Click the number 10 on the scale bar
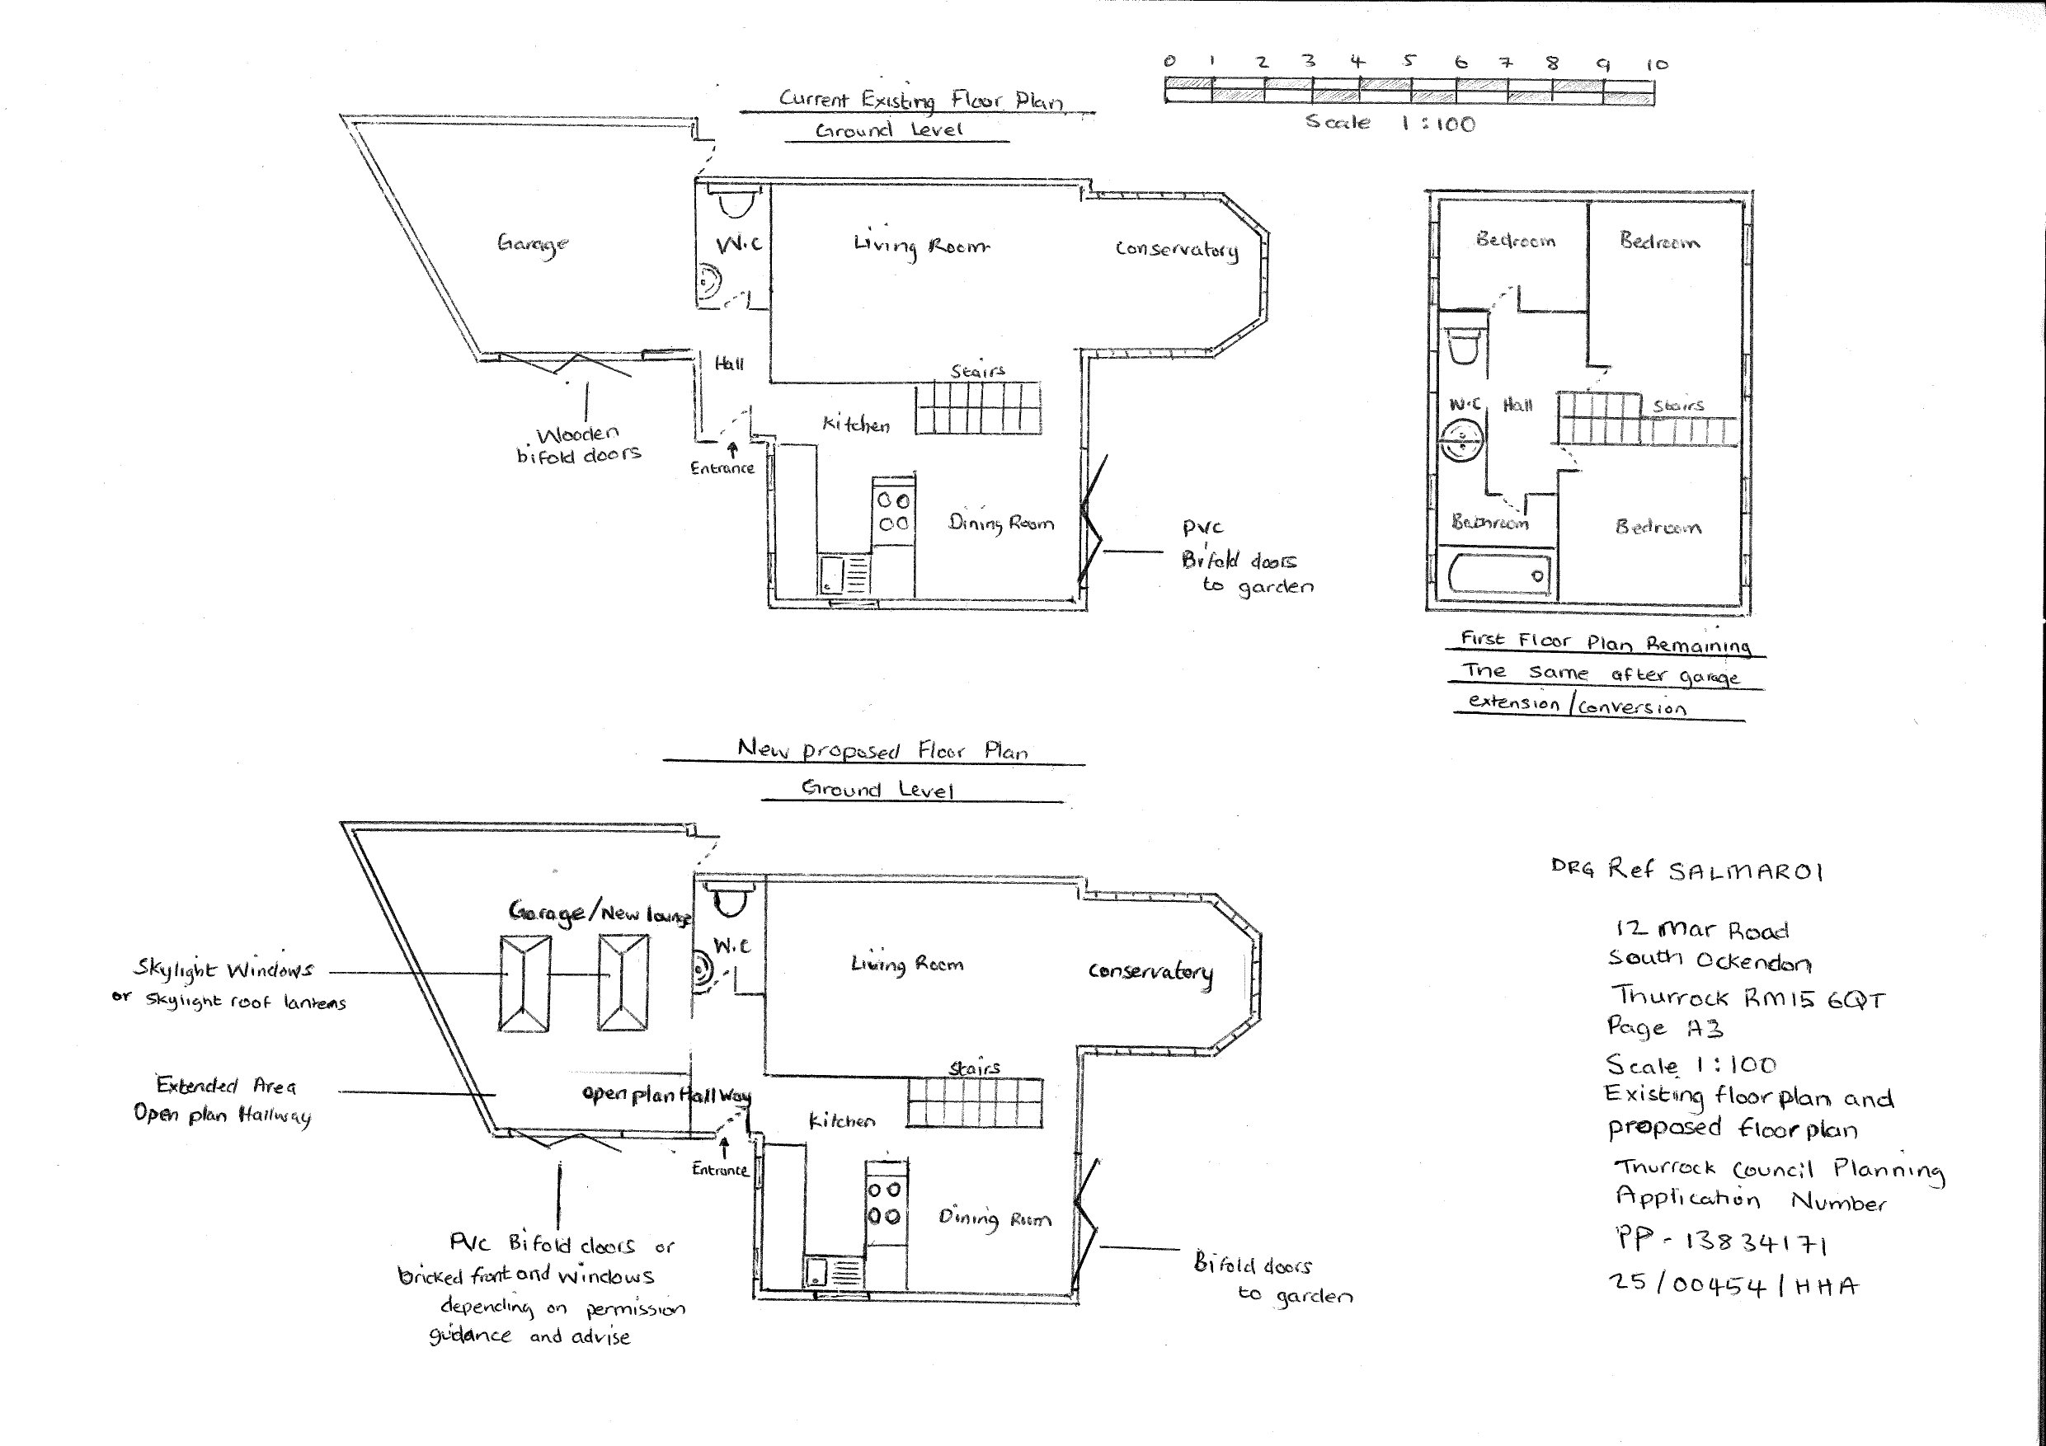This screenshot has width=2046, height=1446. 1657,65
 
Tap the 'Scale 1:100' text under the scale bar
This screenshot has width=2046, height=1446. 1390,123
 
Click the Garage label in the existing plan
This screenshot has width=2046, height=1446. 533,243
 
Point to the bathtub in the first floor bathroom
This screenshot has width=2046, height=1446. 1499,574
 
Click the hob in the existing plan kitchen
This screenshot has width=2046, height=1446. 894,510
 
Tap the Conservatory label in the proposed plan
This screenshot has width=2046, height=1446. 1150,972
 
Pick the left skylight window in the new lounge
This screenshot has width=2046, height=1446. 524,983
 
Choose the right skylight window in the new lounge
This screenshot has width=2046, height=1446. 623,983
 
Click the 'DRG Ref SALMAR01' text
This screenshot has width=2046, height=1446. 1687,870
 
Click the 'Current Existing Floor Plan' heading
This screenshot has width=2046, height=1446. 921,99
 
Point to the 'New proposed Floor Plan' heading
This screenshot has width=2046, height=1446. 883,750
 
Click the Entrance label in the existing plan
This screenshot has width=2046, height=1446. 722,467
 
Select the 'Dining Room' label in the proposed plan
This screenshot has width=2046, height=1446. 995,1218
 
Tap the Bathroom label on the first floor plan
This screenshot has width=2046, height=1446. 1490,522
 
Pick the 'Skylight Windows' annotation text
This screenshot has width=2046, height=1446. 223,969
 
